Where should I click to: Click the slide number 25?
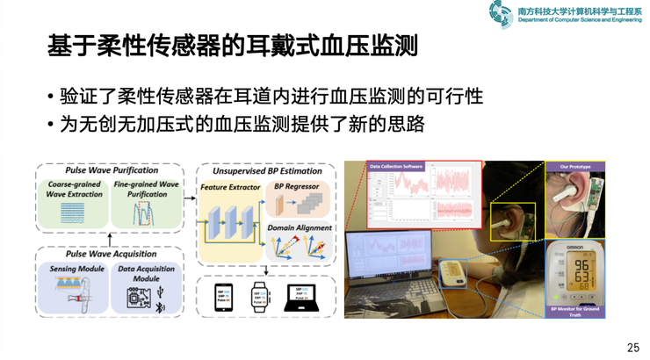tap(632, 348)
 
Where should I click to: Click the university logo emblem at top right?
tap(502, 13)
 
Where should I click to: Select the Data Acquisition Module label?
tap(146, 273)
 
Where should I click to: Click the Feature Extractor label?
tap(230, 187)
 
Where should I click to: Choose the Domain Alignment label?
tap(300, 228)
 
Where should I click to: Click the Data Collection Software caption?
tap(396, 165)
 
